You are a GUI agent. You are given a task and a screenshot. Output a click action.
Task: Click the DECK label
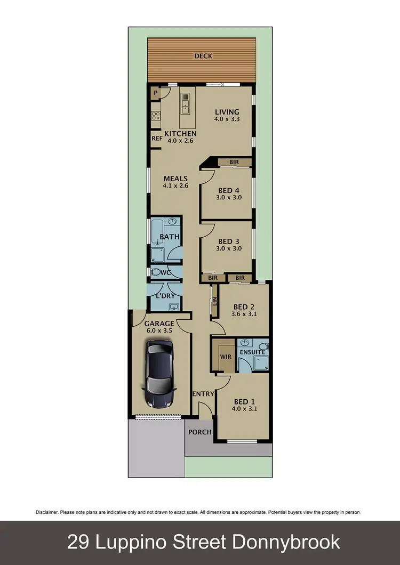click(x=202, y=55)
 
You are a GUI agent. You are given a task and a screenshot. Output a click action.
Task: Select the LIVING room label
click(x=227, y=112)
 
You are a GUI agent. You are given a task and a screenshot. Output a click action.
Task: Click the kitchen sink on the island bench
click(x=186, y=103)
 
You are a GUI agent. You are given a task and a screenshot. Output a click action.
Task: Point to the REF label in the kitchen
click(x=157, y=139)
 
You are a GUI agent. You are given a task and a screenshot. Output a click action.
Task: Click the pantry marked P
click(x=156, y=93)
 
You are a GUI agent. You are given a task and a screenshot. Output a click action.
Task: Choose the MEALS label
click(x=175, y=179)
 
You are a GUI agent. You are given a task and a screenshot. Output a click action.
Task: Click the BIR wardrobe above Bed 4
click(x=233, y=162)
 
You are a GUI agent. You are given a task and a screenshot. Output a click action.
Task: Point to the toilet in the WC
click(x=156, y=272)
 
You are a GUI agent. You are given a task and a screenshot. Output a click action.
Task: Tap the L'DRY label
click(x=165, y=296)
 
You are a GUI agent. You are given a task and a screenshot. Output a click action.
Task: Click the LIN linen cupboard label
click(x=214, y=302)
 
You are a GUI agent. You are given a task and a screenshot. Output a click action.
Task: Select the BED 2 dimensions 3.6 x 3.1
click(x=244, y=314)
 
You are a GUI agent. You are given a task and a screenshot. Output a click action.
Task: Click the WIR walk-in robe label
click(x=226, y=356)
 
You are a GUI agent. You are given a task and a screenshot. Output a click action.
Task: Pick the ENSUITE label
click(x=252, y=352)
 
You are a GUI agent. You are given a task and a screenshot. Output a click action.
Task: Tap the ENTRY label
click(x=204, y=394)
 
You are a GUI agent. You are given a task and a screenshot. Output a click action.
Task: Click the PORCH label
click(x=200, y=432)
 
